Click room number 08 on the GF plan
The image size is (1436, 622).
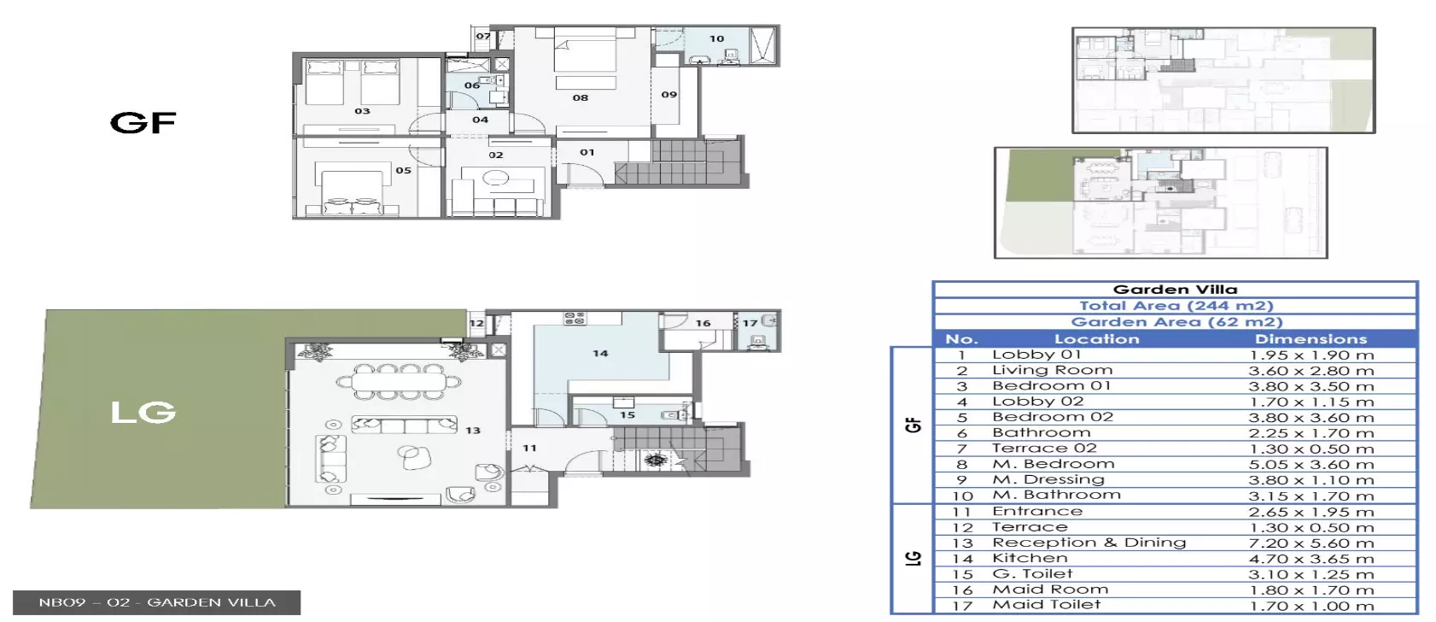pyautogui.click(x=581, y=97)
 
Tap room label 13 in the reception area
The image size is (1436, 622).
pyautogui.click(x=472, y=431)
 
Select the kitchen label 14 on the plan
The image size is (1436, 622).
pyautogui.click(x=600, y=354)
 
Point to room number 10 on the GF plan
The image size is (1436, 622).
pyautogui.click(x=716, y=38)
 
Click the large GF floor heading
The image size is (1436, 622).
pyautogui.click(x=143, y=122)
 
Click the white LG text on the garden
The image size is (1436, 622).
pyautogui.click(x=143, y=413)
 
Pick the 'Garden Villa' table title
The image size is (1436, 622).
pyautogui.click(x=1175, y=290)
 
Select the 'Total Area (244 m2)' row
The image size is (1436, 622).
pyautogui.click(x=1176, y=306)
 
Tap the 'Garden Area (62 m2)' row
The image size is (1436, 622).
pyautogui.click(x=1176, y=322)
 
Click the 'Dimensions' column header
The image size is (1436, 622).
pyautogui.click(x=1310, y=338)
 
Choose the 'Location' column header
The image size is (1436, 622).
pyautogui.click(x=1097, y=338)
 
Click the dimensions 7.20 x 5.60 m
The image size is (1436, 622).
pyautogui.click(x=1311, y=543)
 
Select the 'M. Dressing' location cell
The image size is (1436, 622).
pyautogui.click(x=1048, y=479)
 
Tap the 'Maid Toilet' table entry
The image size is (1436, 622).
pyautogui.click(x=1046, y=605)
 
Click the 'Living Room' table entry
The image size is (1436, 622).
pyautogui.click(x=1052, y=370)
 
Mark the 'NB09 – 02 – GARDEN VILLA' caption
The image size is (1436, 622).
pyautogui.click(x=157, y=602)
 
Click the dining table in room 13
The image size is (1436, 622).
pyautogui.click(x=398, y=383)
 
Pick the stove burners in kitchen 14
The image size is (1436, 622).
pyautogui.click(x=575, y=318)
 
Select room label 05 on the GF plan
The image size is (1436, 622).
pyautogui.click(x=403, y=170)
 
